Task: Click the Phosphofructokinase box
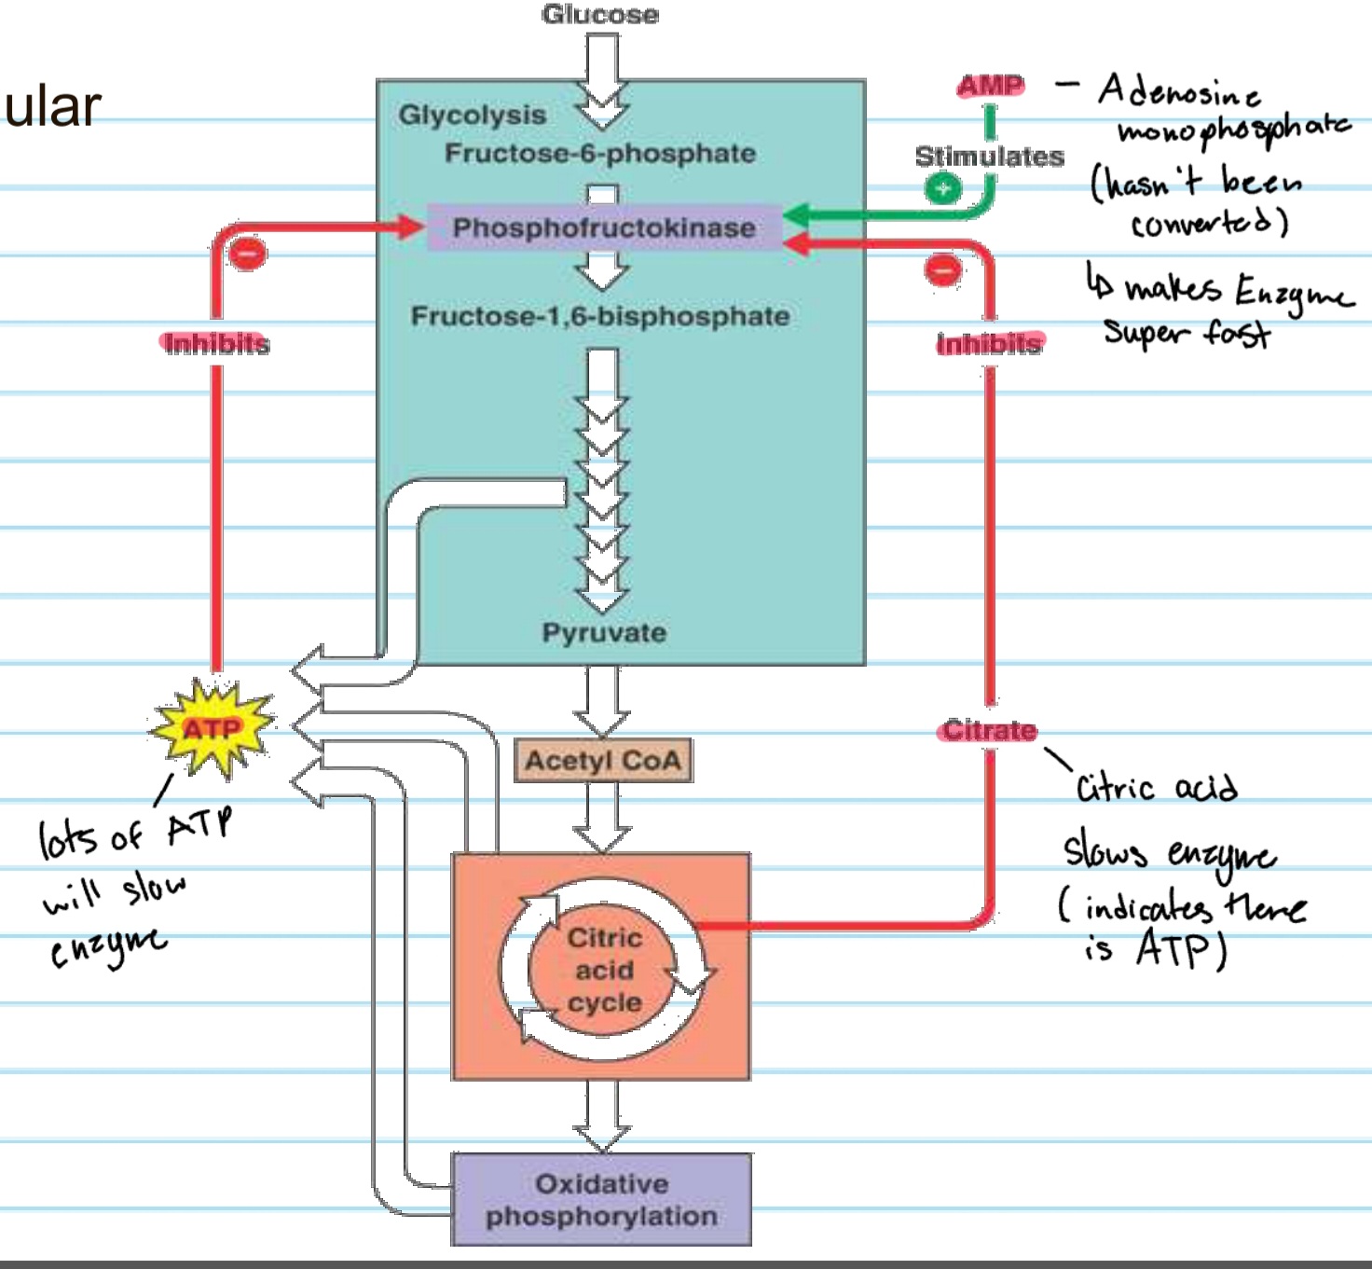(604, 228)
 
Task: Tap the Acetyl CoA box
(602, 761)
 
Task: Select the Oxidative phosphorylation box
(602, 1200)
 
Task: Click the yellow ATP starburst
(213, 728)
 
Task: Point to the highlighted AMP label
(990, 87)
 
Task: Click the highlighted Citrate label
(988, 730)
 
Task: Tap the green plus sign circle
(943, 188)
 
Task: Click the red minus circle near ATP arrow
(248, 253)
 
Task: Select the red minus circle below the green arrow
(943, 270)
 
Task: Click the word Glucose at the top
(600, 14)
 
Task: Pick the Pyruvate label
(604, 632)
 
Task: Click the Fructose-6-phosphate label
(600, 153)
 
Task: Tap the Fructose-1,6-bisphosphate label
(600, 316)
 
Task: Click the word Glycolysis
(472, 115)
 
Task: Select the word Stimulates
(989, 156)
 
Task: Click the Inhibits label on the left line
(216, 344)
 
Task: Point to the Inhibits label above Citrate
(989, 344)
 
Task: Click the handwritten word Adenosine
(1179, 91)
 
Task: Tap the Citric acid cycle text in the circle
(604, 970)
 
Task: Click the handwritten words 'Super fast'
(1187, 332)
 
